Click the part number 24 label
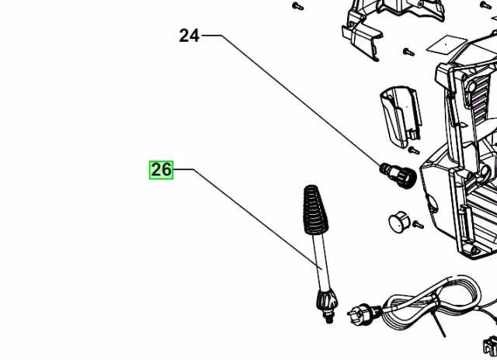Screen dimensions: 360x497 click(189, 36)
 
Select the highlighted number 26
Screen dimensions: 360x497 click(161, 169)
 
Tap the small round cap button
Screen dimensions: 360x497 click(398, 222)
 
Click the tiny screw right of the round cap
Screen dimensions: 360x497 click(416, 225)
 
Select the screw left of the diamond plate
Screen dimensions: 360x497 click(408, 51)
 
